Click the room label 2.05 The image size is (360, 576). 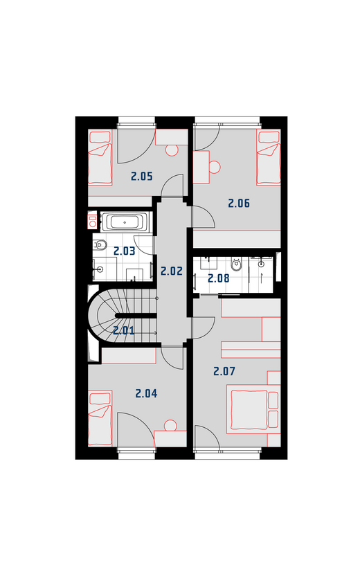tap(142, 177)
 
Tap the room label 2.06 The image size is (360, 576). tap(239, 203)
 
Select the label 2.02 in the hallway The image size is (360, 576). tap(172, 271)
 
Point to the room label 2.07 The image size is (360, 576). tap(224, 371)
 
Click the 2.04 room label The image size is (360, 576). tap(146, 393)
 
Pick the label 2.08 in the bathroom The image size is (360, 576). tap(219, 278)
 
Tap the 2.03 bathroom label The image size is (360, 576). tap(124, 251)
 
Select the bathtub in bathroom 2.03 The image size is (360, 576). tap(125, 222)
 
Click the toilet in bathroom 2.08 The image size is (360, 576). tap(236, 264)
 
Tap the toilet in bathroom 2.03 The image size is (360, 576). tap(99, 244)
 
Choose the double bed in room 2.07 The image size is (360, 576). tap(253, 409)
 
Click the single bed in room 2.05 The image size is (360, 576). tap(100, 158)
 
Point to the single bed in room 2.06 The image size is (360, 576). tap(269, 158)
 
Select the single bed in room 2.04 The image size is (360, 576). tap(100, 418)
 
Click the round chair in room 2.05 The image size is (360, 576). tap(172, 150)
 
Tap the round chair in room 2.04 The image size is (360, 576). tap(170, 426)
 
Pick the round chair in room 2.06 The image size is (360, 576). tap(215, 167)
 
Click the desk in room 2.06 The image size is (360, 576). tap(201, 167)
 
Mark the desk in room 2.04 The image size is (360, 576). tap(170, 439)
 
